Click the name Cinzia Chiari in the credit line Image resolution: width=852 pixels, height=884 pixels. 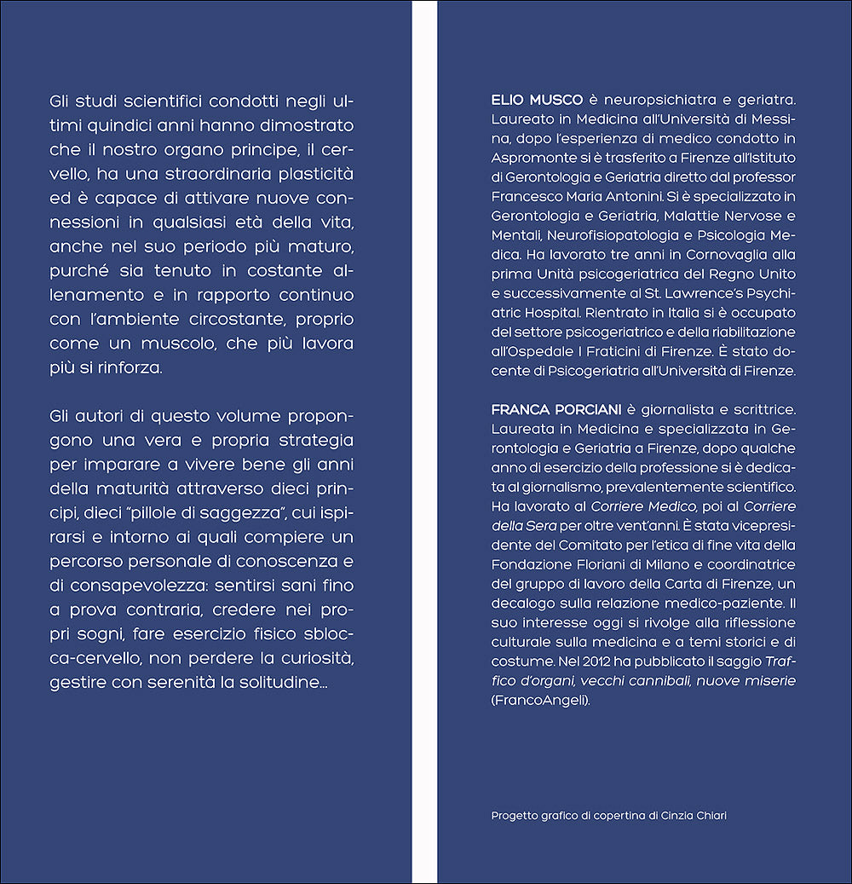[695, 815]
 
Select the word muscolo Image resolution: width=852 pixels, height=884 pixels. [193, 344]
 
